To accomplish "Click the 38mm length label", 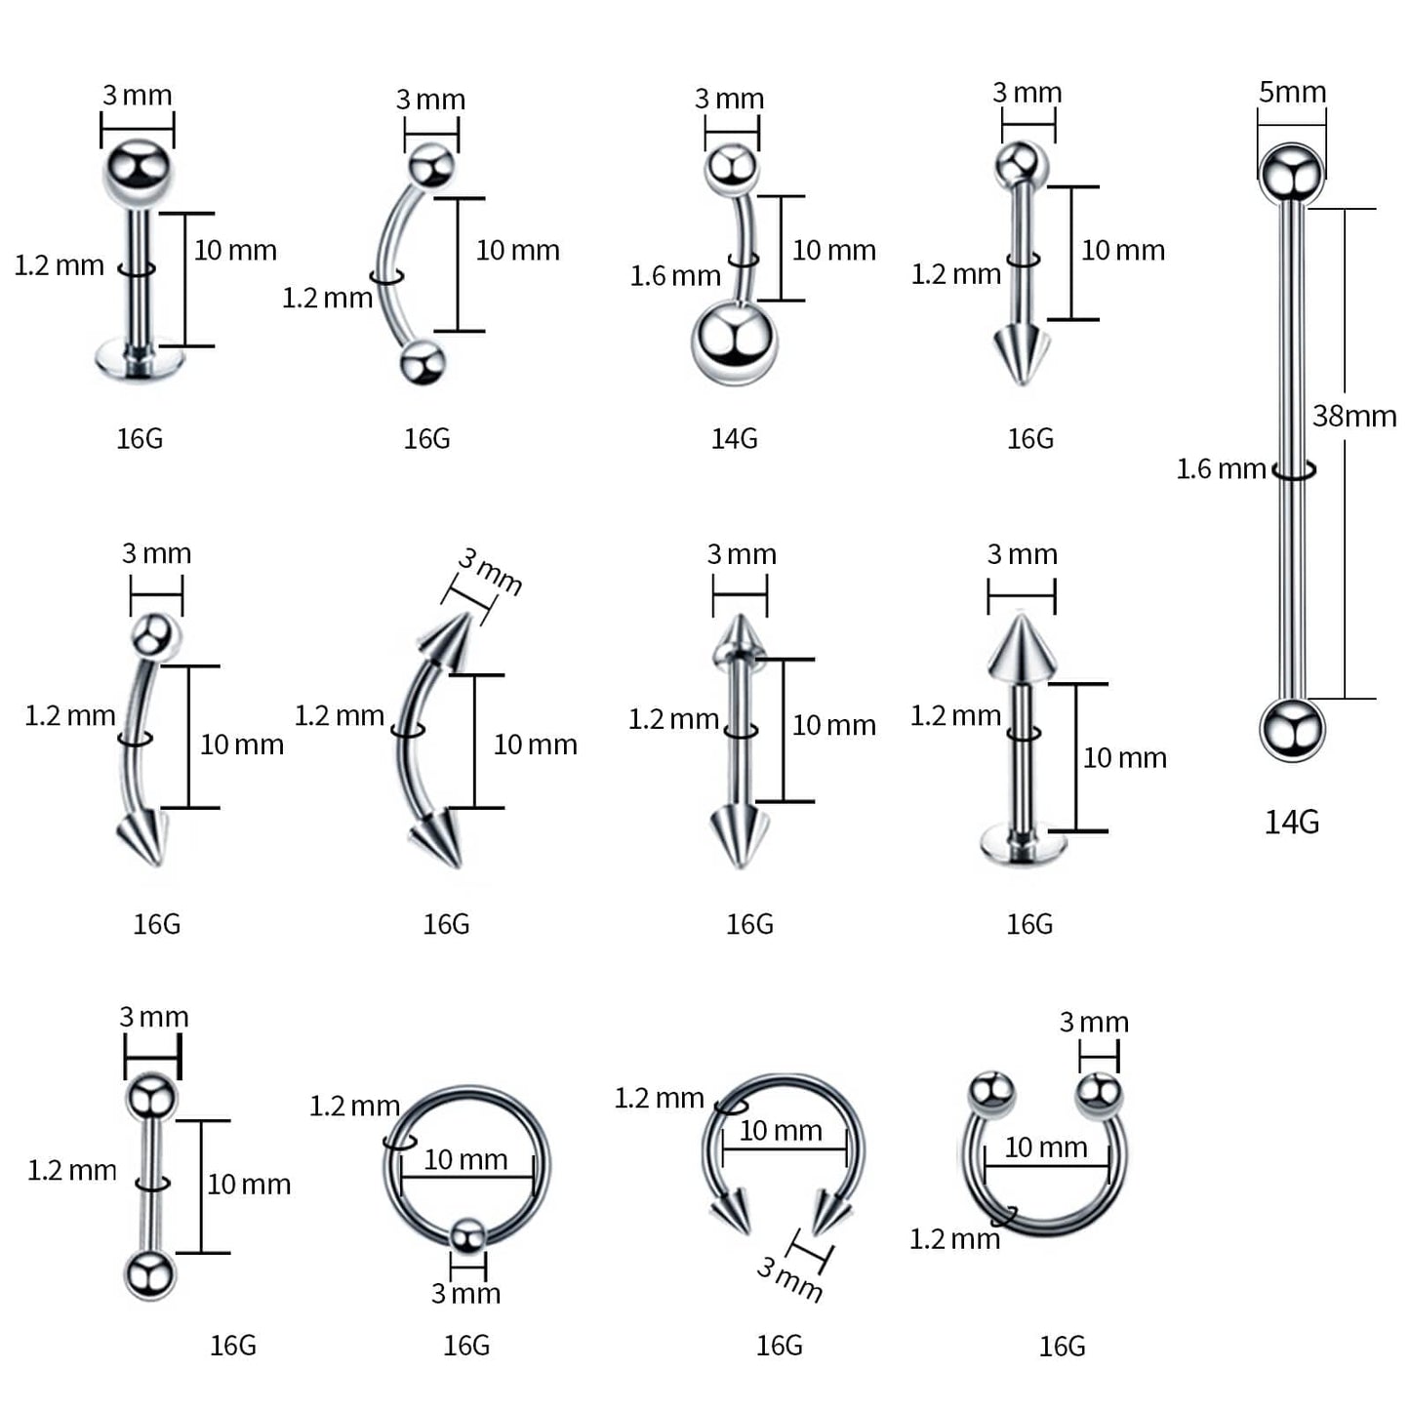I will pos(1353,417).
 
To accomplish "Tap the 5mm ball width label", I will pos(1292,93).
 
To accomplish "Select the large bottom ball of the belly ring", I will pos(734,343).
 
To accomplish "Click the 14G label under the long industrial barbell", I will pos(1291,823).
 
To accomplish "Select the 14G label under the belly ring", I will pos(734,439).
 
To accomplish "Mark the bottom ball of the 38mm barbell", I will pos(1291,729).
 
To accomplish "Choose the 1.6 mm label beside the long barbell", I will pos(1220,469).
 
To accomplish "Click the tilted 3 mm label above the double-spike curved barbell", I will pos(490,572).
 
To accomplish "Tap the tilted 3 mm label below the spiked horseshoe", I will pos(789,1279).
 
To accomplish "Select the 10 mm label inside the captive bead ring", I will pos(465,1159).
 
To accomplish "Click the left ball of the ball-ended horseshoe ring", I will pos(992,1093).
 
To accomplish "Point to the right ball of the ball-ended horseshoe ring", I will pos(1099,1093).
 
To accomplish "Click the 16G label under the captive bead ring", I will pos(466,1346).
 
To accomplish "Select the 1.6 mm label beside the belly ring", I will pos(674,276).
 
